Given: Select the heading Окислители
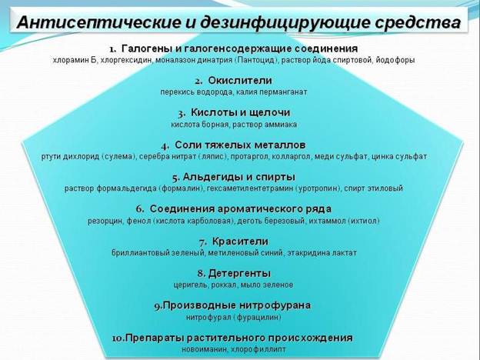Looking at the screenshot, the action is coord(240,80).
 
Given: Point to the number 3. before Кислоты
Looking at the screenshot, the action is coord(182,114).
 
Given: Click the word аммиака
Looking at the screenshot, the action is coord(282,125).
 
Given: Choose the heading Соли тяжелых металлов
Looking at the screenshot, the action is coord(240,145).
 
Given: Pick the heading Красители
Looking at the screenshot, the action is coord(240,242).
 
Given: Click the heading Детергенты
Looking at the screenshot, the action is coord(239,273).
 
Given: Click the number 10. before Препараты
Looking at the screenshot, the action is coord(118,338).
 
